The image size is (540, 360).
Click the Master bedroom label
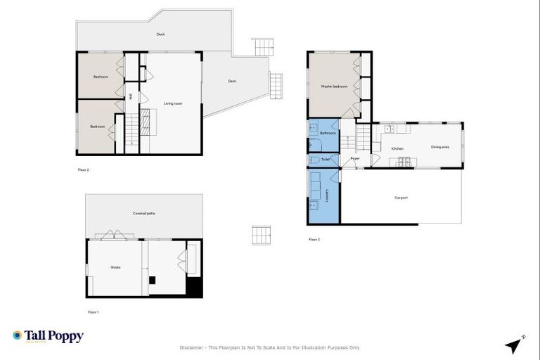tap(334, 86)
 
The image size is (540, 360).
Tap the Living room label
tap(173, 103)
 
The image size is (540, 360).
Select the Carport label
tap(401, 198)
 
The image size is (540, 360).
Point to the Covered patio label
tap(144, 213)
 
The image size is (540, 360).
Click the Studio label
tap(115, 267)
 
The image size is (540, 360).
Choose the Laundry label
tap(328, 195)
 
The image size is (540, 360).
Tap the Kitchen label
tap(397, 148)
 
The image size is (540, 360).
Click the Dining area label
tap(440, 147)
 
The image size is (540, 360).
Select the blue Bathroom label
tap(328, 133)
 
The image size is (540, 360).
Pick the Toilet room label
tap(325, 160)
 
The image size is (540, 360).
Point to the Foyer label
tap(355, 159)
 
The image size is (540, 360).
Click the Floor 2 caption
tap(83, 169)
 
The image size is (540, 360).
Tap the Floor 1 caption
tap(93, 311)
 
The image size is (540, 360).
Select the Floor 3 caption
tap(314, 240)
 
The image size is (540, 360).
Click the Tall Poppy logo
tap(48, 336)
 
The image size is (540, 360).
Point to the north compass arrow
tap(515, 345)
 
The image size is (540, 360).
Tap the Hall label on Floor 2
tap(131, 96)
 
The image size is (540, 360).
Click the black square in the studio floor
tap(152, 280)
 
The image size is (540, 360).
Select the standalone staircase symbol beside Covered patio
tap(262, 235)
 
